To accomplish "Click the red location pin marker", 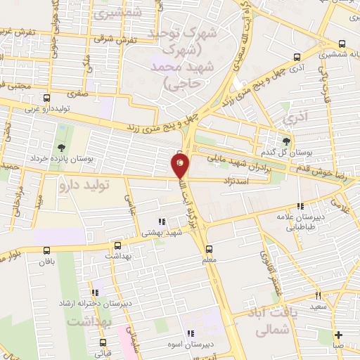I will tap(180, 166).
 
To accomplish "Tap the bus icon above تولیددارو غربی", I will tap(47, 98).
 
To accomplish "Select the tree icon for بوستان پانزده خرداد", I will tap(62, 148).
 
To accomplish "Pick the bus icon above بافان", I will tap(47, 250).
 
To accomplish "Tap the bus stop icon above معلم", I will tap(208, 249).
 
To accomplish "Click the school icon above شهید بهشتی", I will tap(162, 221).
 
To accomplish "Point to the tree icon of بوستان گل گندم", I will tap(286, 141).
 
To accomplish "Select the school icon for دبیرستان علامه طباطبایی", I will tap(300, 207).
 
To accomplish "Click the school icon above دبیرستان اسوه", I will tap(190, 333).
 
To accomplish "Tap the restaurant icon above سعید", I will tap(318, 296).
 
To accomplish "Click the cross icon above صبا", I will tap(339, 335).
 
